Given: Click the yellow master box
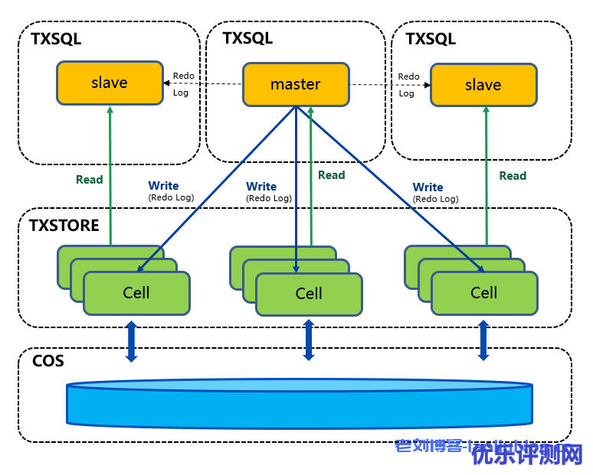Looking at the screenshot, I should tap(296, 84).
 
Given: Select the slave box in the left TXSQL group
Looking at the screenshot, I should tap(110, 83).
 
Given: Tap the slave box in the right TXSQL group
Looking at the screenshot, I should tap(483, 85).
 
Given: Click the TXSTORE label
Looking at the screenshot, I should tap(64, 226).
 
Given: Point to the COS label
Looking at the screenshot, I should tap(48, 360).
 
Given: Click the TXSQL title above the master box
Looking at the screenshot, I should tap(247, 38).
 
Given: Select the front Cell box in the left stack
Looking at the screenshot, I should tap(136, 293).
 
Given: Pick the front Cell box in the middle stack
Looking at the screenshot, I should tap(309, 294).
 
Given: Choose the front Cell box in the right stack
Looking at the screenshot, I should tap(483, 293).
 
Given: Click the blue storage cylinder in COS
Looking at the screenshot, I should tap(299, 404).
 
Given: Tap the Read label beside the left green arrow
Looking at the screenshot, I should tap(89, 180).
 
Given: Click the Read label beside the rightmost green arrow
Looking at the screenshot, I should tap(513, 176).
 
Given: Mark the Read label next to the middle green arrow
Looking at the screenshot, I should tap(331, 175).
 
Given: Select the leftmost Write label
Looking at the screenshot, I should tap(163, 186).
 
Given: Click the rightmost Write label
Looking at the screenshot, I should tap(428, 187).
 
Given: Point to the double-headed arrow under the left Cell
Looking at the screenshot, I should tap(131, 341).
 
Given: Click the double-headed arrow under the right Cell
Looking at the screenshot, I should tap(483, 340).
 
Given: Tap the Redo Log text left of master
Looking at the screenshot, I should tap(183, 84).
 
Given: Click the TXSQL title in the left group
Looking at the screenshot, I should tap(56, 39).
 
